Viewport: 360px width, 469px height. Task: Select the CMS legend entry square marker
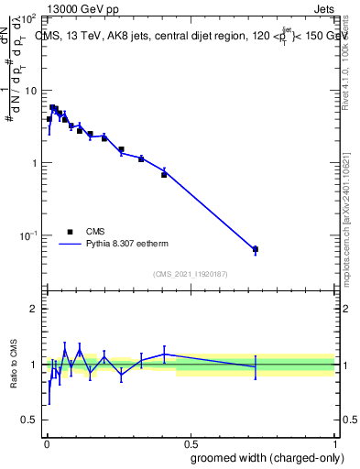(x=70, y=232)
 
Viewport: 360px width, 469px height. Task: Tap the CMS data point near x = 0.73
(x=256, y=249)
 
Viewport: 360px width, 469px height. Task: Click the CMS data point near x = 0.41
(x=164, y=174)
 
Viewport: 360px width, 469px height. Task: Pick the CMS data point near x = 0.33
(x=141, y=158)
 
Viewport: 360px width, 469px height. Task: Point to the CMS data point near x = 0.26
(x=121, y=149)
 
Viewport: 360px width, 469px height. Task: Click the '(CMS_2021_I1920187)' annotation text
(x=190, y=273)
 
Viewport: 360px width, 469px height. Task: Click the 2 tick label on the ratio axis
(x=33, y=309)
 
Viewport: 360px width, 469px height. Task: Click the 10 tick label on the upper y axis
(x=29, y=91)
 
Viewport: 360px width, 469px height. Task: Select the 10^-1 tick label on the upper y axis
(x=27, y=235)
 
